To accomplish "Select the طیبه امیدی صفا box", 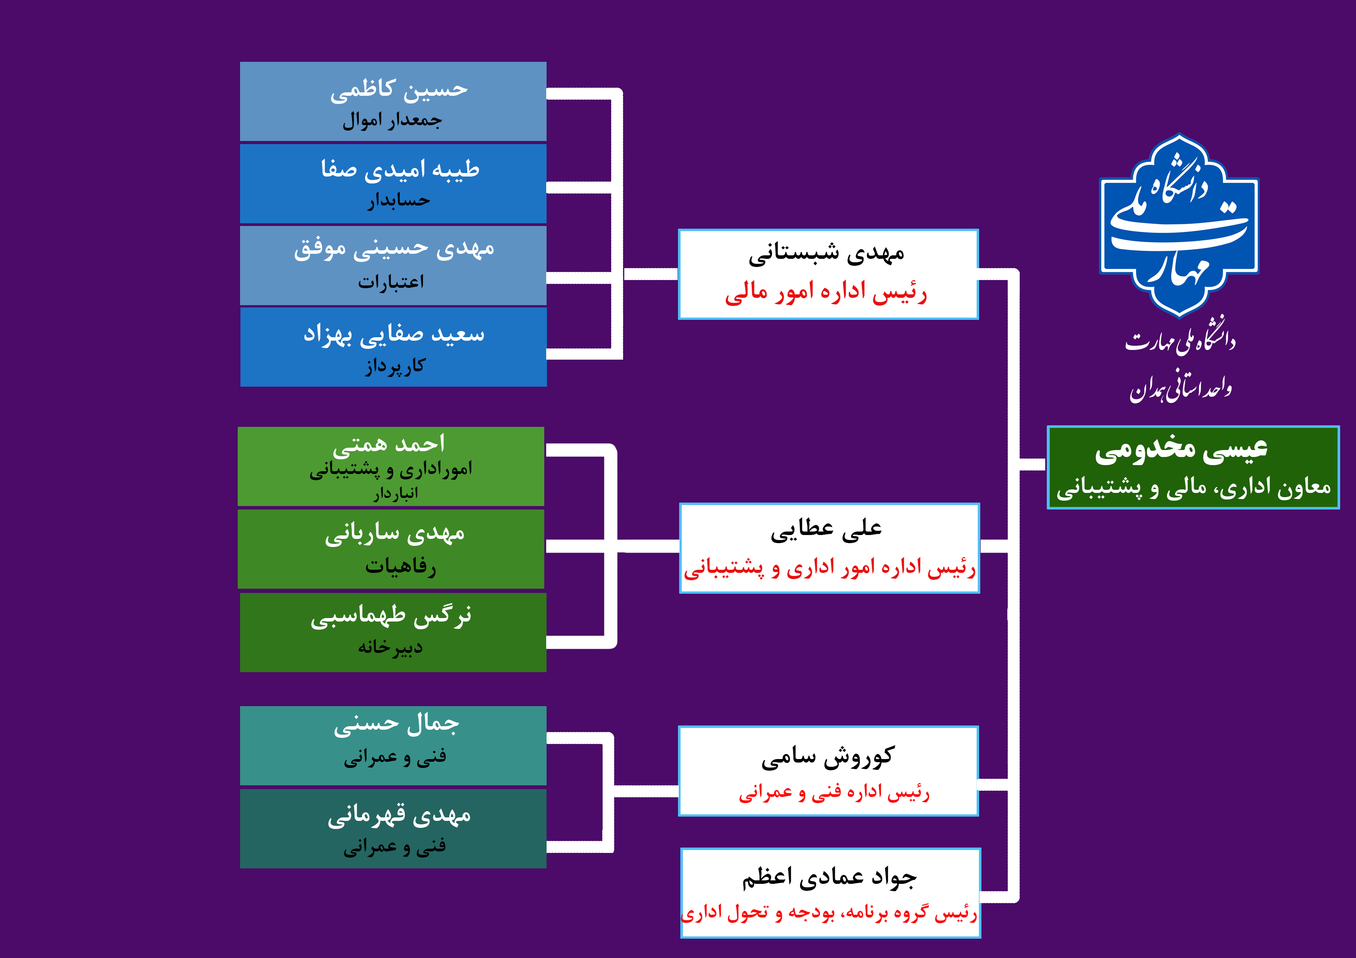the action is [393, 183].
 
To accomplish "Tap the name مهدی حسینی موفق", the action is [394, 248].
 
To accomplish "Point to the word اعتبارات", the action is [391, 282].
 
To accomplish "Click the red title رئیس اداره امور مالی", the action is [826, 292].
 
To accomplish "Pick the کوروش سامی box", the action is [828, 771].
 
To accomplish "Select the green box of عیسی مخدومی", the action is [1193, 467].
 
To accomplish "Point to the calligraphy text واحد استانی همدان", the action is [1181, 387].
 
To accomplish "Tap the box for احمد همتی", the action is [391, 466].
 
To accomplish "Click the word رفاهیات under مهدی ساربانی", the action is [400, 566].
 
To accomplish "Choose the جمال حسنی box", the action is [393, 746].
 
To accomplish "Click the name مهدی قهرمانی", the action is [399, 815].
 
